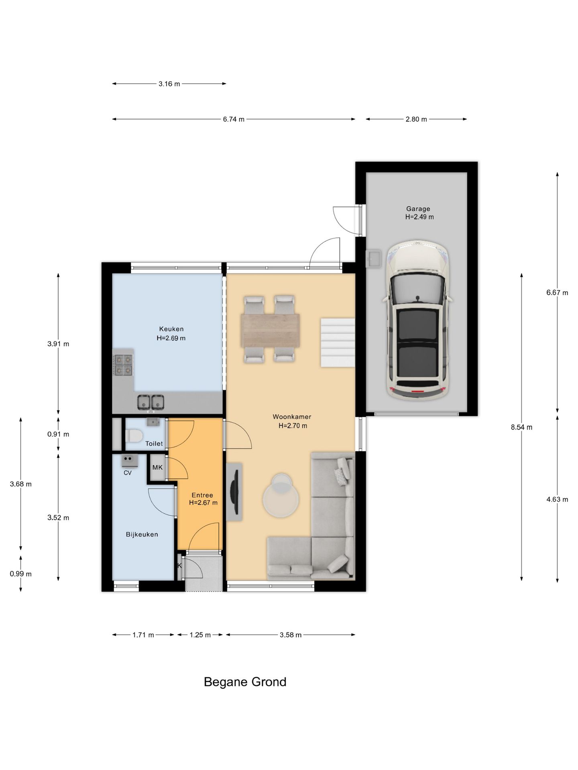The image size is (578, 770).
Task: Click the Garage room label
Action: [x=418, y=209]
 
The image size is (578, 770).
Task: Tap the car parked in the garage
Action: [x=417, y=320]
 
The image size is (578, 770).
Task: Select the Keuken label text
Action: [x=171, y=329]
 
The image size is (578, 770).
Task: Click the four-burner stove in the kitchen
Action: [x=123, y=365]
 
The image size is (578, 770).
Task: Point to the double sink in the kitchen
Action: [x=151, y=401]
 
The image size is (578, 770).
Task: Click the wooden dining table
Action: [x=270, y=330]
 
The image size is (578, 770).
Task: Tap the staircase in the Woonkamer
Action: [x=338, y=342]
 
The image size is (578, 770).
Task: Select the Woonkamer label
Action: [x=292, y=417]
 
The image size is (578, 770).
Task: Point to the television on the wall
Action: [x=234, y=492]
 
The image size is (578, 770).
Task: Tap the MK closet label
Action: [x=157, y=467]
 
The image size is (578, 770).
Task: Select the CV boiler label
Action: [x=128, y=473]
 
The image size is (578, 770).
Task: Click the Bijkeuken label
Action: [x=142, y=534]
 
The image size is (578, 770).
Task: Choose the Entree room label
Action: [x=202, y=495]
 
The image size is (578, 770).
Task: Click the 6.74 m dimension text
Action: [x=234, y=119]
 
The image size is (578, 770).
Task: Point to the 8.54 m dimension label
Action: [x=521, y=427]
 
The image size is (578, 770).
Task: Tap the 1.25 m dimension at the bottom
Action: [x=200, y=635]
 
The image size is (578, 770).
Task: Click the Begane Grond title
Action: [x=245, y=682]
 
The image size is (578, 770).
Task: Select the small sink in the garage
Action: [x=373, y=259]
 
